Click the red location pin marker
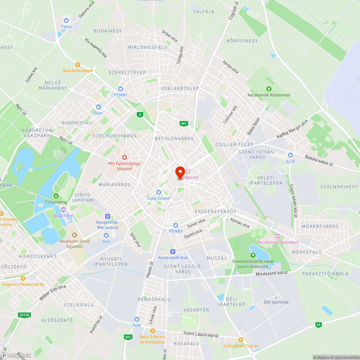click(x=180, y=172)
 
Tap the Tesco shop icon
click(x=66, y=21)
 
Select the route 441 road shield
click(x=184, y=123)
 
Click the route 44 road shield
click(x=318, y=324)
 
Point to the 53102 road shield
click(x=24, y=315)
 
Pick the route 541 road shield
click(x=128, y=337)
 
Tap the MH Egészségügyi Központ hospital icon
click(x=125, y=157)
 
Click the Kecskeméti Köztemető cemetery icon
click(x=268, y=89)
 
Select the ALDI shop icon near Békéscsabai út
click(x=291, y=155)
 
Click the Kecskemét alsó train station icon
click(x=173, y=252)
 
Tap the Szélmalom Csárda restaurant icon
click(x=241, y=339)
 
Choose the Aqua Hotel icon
click(x=63, y=210)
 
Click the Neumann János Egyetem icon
click(x=74, y=235)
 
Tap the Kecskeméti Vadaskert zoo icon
click(x=277, y=236)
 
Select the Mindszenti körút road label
click(x=272, y=274)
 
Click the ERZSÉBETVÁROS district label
click(x=215, y=211)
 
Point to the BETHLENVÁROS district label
click(x=174, y=139)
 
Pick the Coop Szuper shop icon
click(x=158, y=192)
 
